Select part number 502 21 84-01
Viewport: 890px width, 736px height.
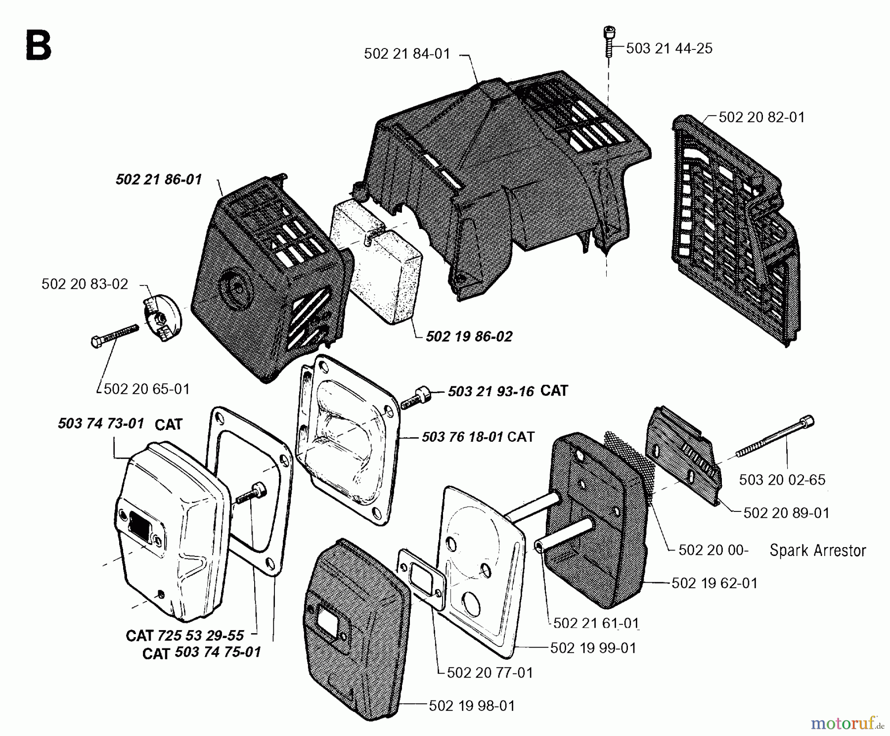click(407, 53)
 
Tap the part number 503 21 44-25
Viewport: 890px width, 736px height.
click(669, 48)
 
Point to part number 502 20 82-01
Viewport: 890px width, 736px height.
click(761, 117)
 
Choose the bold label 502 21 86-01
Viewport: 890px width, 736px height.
click(159, 179)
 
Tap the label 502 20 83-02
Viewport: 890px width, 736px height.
click(85, 284)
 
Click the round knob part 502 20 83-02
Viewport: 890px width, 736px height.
click(163, 316)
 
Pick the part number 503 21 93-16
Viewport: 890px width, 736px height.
click(491, 392)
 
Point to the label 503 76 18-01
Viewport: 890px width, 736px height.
click(462, 437)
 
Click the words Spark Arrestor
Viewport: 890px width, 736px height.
click(818, 551)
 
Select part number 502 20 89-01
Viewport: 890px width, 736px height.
click(786, 513)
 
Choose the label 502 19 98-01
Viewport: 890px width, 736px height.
click(472, 706)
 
